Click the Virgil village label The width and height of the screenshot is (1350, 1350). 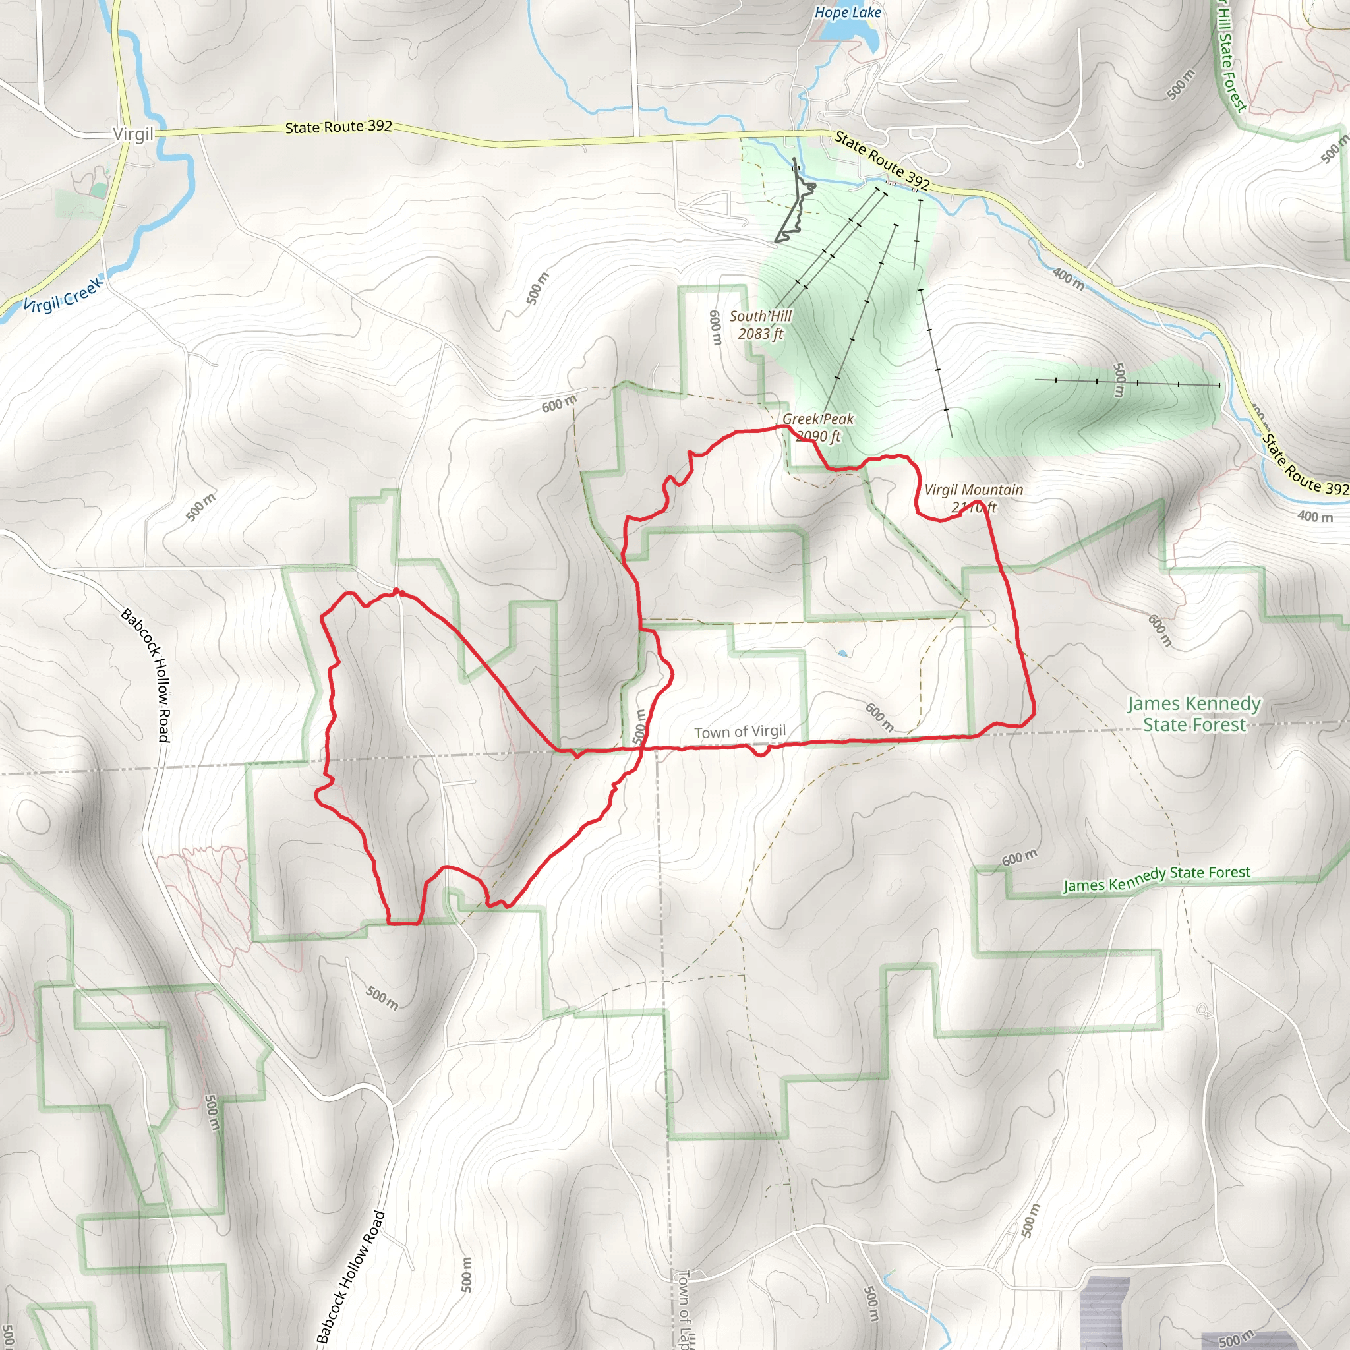click(x=132, y=134)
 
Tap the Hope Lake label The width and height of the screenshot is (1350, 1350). click(x=848, y=13)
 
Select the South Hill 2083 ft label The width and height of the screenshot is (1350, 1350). click(x=760, y=325)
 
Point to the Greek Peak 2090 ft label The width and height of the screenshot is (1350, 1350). click(x=817, y=428)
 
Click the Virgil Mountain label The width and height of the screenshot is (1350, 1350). click(x=974, y=498)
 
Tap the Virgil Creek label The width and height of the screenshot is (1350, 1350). click(x=63, y=295)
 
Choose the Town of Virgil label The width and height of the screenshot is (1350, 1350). click(x=740, y=732)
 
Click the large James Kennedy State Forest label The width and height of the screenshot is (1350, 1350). click(x=1194, y=713)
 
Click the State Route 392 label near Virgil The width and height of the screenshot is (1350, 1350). click(x=338, y=127)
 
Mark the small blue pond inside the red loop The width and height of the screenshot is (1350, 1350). click(x=842, y=654)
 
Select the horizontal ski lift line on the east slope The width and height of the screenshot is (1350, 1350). click(x=1127, y=382)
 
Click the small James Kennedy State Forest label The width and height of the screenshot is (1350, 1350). click(x=1156, y=878)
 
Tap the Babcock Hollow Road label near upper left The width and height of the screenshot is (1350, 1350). click(x=145, y=675)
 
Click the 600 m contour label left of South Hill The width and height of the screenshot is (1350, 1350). click(x=715, y=327)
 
